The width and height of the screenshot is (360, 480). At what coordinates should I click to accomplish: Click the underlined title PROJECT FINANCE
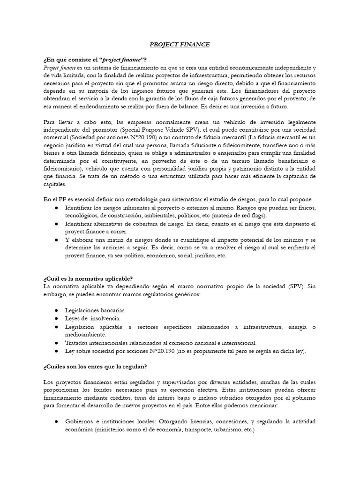pyautogui.click(x=180, y=45)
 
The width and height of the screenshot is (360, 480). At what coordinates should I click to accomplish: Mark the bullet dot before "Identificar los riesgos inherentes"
pyautogui.click(x=56, y=208)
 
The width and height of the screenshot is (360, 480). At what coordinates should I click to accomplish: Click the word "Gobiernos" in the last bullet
pyautogui.click(x=80, y=422)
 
